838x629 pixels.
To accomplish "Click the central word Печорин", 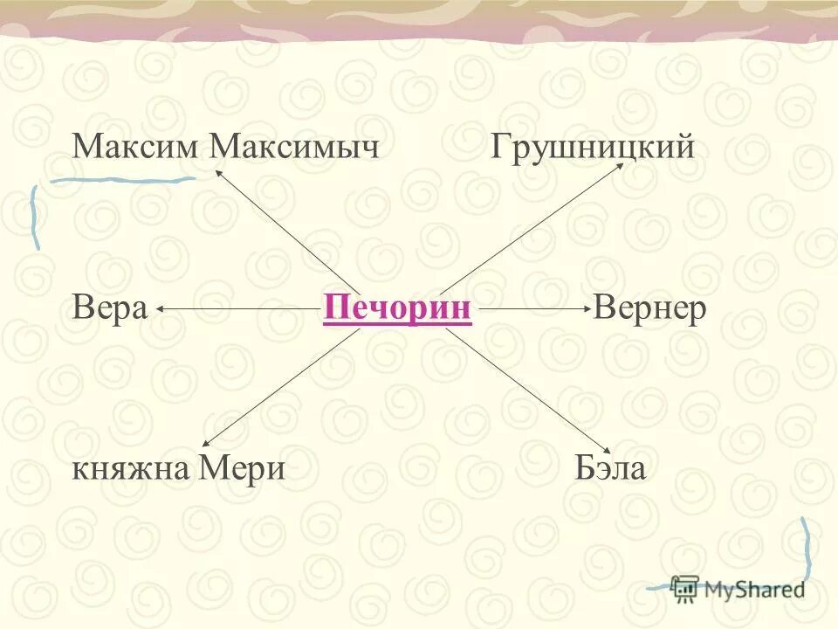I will pyautogui.click(x=397, y=308).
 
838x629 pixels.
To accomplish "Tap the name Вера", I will pyautogui.click(x=110, y=308).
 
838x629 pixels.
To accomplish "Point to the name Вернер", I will pyautogui.click(x=649, y=308).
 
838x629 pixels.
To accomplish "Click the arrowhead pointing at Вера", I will pyautogui.click(x=162, y=308).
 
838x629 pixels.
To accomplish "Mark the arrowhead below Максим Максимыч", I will pyautogui.click(x=217, y=172).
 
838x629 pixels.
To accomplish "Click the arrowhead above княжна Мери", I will pyautogui.click(x=207, y=444).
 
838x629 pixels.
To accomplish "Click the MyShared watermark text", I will pyautogui.click(x=754, y=589).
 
